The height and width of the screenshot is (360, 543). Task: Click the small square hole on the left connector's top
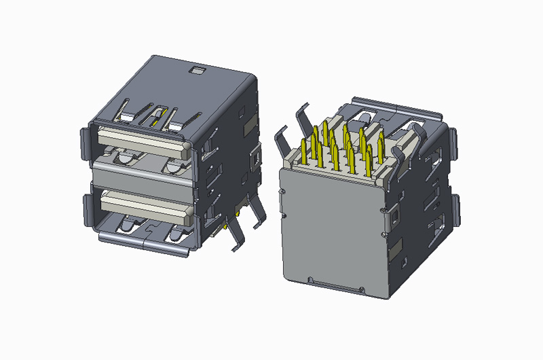tap(198, 69)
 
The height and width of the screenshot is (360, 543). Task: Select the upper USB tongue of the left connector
tap(141, 140)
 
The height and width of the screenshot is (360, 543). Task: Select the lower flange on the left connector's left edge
tap(86, 211)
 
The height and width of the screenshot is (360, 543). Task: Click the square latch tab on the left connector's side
tap(257, 158)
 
